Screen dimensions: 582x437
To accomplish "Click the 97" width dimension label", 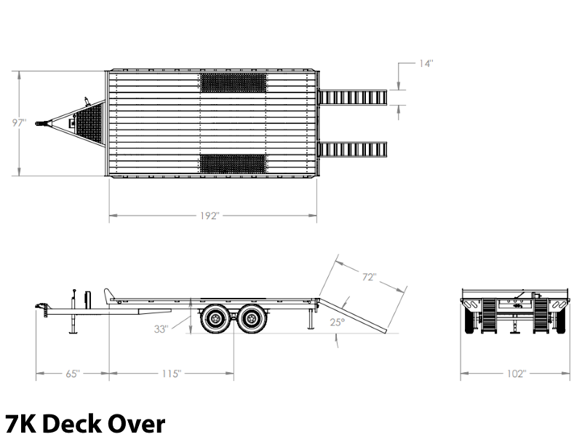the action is click(20, 122).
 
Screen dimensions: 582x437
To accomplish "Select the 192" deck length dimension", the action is click(210, 216).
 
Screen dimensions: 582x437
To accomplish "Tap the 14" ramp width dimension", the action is click(426, 63).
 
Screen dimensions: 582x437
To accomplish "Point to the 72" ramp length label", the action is click(370, 277).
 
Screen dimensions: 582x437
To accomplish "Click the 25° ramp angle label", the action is click(338, 322).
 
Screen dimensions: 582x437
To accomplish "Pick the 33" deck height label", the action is click(161, 329).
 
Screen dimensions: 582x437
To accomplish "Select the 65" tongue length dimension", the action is click(73, 374).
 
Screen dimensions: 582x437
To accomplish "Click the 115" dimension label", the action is click(172, 374).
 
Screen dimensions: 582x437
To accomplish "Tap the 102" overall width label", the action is click(517, 374).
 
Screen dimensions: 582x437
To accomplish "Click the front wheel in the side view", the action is click(215, 318).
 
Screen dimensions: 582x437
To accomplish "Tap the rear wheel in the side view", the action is click(252, 318).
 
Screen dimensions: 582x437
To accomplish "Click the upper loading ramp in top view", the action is click(352, 98).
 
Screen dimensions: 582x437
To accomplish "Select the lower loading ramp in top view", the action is click(352, 149).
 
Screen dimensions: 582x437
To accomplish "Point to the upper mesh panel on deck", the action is click(233, 82).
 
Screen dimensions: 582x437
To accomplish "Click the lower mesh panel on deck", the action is click(233, 165).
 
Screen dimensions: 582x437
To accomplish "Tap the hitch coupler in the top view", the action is click(42, 123).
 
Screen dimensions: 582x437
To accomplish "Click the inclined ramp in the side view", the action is click(353, 315).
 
